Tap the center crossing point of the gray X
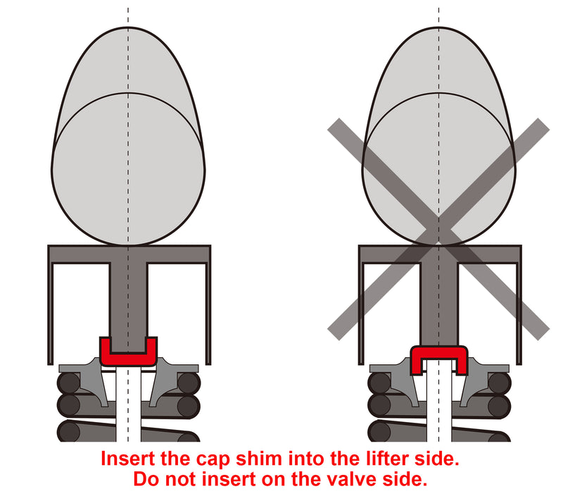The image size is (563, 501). coord(438,229)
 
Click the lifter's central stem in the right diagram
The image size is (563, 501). coord(438,304)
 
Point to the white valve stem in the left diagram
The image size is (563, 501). coord(128,404)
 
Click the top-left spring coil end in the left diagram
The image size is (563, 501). coord(68,383)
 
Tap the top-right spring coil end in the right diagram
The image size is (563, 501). coord(499,383)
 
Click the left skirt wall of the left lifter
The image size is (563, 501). coord(51,314)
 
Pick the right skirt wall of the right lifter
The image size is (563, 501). coord(519,314)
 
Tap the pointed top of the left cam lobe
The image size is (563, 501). coord(128,27)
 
